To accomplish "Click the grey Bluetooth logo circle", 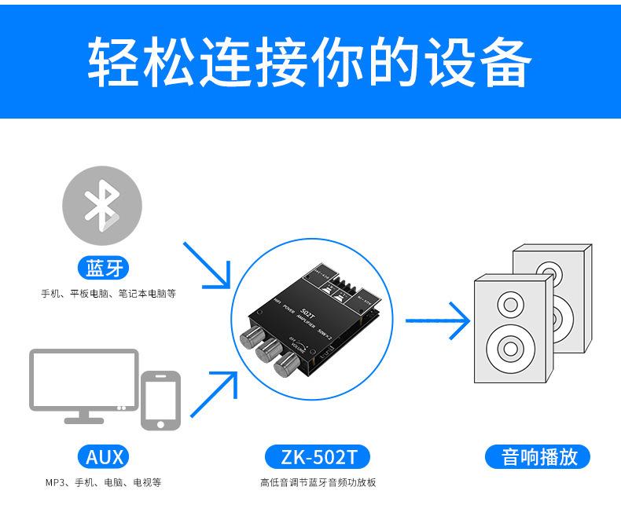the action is pyautogui.click(x=102, y=205).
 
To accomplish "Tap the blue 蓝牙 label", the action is pyautogui.click(x=104, y=269).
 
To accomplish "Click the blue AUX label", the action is pyautogui.click(x=104, y=456).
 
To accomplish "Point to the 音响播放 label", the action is pyautogui.click(x=539, y=456).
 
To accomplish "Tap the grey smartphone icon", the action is pyautogui.click(x=160, y=400).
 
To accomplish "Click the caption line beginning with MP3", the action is pyautogui.click(x=103, y=482).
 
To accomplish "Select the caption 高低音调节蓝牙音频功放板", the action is pyautogui.click(x=318, y=482).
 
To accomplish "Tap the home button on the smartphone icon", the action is pyautogui.click(x=160, y=424).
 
